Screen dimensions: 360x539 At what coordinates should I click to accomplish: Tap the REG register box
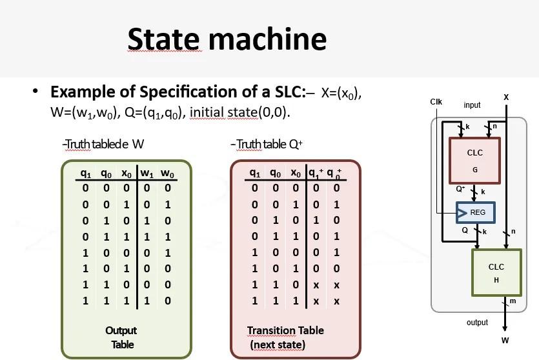(x=476, y=212)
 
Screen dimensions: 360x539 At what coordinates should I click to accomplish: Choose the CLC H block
(x=496, y=273)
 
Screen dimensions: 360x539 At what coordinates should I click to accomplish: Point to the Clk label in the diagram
(x=436, y=102)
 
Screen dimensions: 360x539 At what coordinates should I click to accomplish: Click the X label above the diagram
(x=506, y=97)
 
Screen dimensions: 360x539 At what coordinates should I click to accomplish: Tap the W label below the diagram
(x=505, y=340)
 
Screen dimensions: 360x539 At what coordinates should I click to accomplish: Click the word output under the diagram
(x=477, y=322)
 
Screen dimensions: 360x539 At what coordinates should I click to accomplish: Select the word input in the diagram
(x=472, y=105)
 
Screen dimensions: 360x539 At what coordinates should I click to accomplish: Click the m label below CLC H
(x=513, y=301)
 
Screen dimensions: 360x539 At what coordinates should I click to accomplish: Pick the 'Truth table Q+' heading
(x=267, y=144)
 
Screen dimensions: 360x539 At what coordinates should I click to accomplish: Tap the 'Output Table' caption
(x=121, y=337)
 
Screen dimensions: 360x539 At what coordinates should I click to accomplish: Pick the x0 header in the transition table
(x=296, y=174)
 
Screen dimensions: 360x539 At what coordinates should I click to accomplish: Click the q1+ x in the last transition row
(x=316, y=301)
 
